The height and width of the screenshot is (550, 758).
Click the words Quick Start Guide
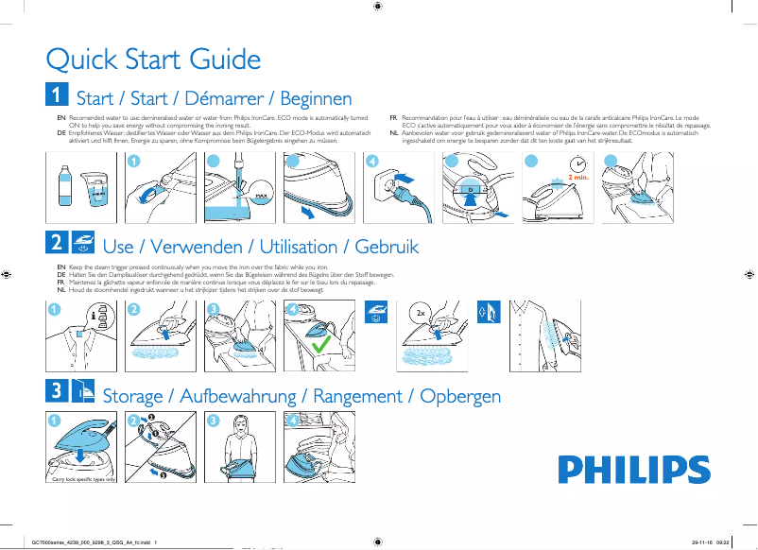click(153, 60)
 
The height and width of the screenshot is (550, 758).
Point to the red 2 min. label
click(580, 177)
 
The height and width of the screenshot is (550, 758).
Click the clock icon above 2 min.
click(577, 163)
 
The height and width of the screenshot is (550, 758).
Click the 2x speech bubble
click(422, 311)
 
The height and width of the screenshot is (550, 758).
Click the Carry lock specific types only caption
click(83, 479)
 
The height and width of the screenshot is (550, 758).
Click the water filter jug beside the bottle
click(95, 189)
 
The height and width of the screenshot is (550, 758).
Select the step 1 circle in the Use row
click(54, 309)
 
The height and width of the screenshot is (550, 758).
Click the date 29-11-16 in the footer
click(701, 541)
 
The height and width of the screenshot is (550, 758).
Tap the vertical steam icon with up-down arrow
click(488, 313)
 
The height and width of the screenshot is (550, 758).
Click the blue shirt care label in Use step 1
click(81, 334)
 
